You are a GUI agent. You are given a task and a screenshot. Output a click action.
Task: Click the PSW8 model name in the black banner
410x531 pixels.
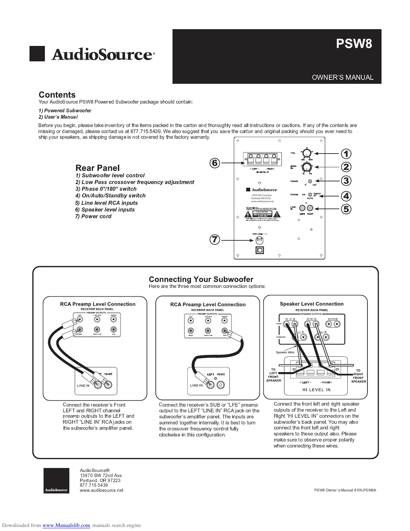[x=354, y=44]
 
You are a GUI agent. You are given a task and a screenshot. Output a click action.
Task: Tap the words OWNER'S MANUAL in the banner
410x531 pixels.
[x=342, y=77]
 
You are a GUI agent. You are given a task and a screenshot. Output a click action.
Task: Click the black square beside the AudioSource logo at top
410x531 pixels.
[x=37, y=54]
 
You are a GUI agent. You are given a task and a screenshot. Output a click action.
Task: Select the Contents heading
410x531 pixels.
[x=57, y=95]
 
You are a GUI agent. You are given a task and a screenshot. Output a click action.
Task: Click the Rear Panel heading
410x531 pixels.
[x=97, y=168]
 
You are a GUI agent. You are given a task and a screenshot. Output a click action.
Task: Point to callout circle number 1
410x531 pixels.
[x=346, y=154]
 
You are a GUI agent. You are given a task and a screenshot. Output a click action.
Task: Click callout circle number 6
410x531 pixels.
[x=215, y=163]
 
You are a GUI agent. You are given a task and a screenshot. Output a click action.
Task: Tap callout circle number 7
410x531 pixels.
[x=215, y=240]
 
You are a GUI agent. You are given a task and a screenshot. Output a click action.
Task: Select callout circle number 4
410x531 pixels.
[x=346, y=196]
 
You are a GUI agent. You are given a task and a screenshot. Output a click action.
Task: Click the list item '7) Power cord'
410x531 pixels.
[x=93, y=216]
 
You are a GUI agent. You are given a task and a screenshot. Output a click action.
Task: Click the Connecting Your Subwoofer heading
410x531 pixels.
[x=201, y=279]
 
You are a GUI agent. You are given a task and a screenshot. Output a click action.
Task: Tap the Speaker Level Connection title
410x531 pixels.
[x=312, y=304]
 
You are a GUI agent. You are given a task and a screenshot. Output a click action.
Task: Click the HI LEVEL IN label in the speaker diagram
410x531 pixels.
[x=316, y=390]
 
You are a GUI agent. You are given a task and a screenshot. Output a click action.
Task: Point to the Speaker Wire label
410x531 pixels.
[x=285, y=352]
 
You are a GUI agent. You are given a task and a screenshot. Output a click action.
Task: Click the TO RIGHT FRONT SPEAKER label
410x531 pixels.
[x=358, y=376]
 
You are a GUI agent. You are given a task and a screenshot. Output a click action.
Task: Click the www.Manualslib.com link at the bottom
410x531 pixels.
[x=66, y=525]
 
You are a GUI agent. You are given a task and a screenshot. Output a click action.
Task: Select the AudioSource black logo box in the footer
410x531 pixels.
[x=56, y=480]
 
